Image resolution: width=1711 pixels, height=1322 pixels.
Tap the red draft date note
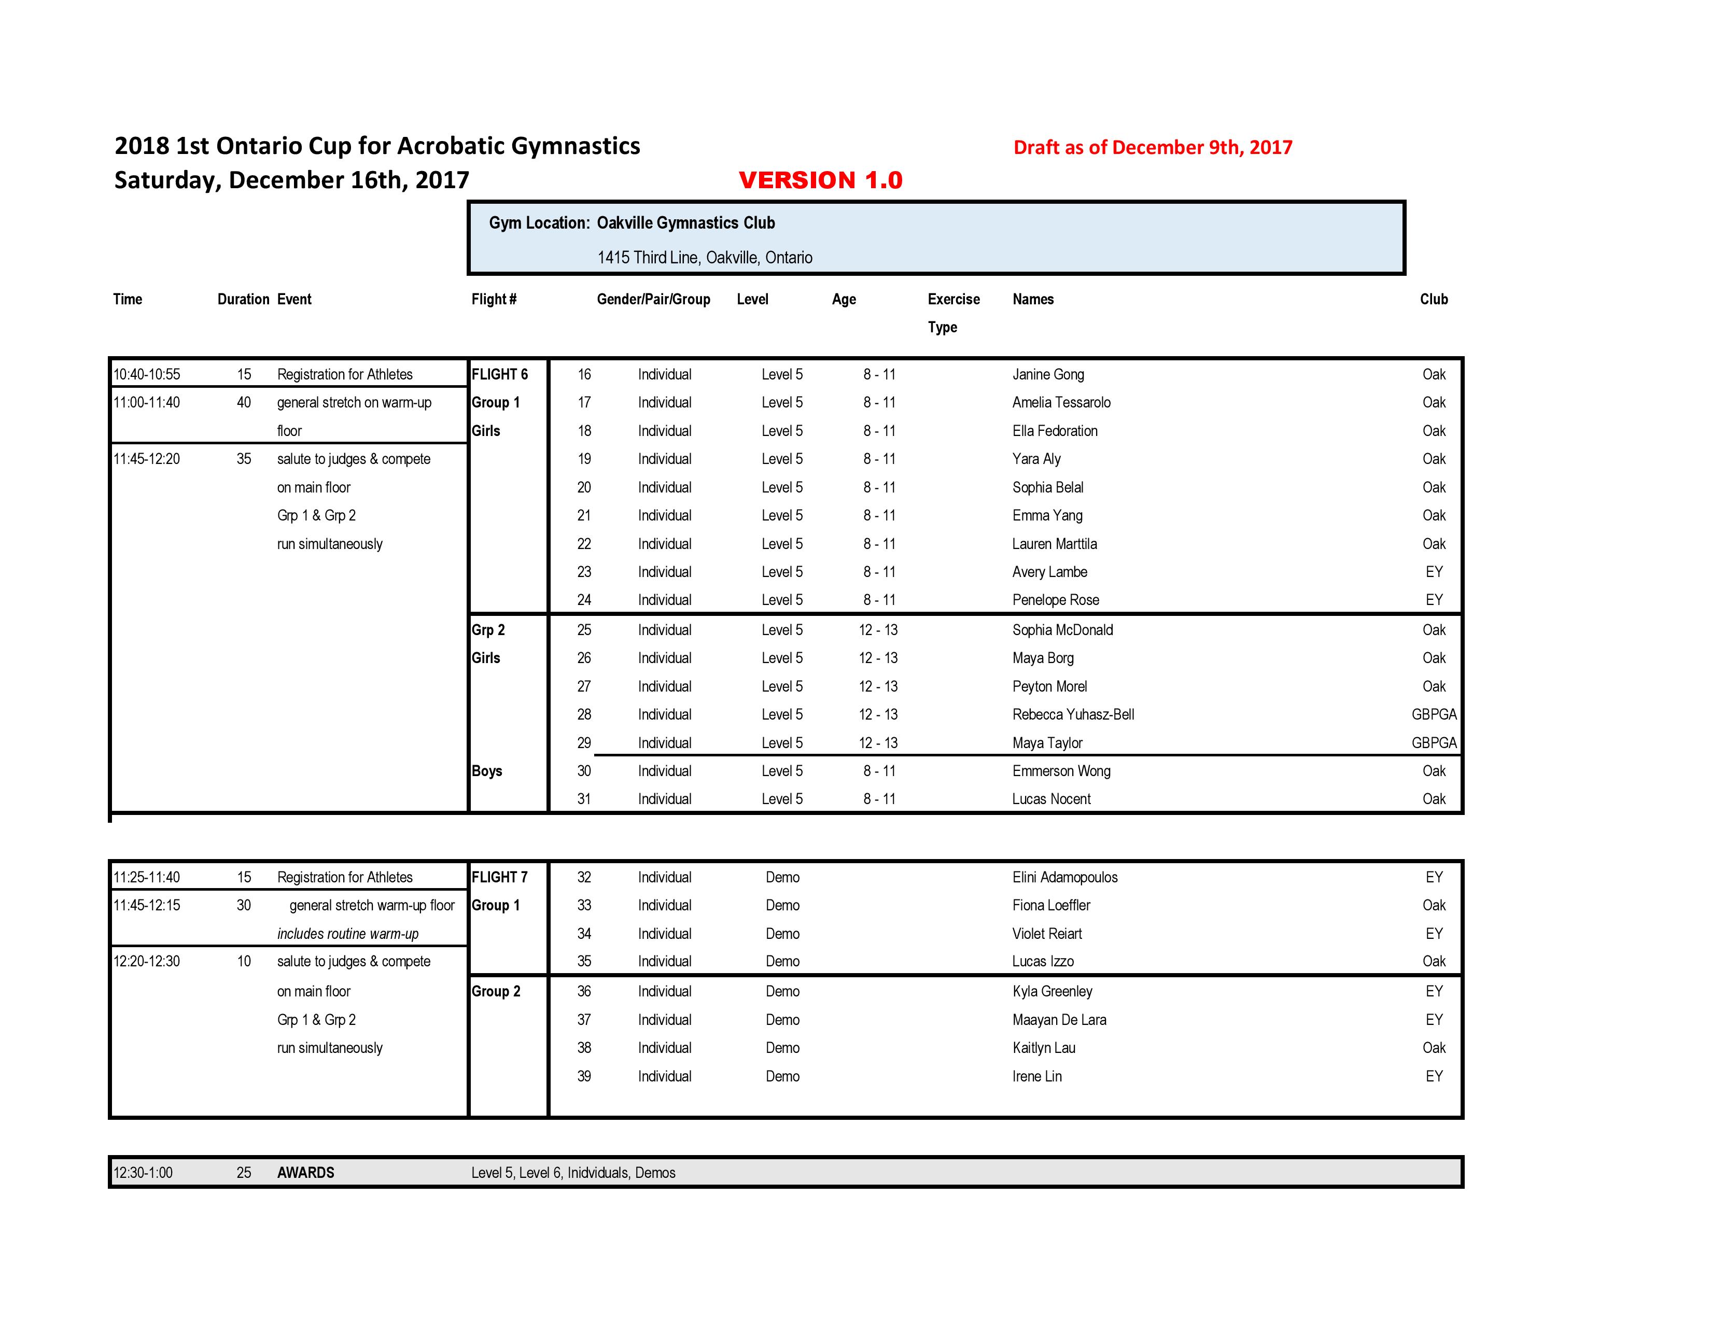(x=1153, y=147)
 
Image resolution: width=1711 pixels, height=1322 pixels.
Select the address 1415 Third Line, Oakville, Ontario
(x=704, y=258)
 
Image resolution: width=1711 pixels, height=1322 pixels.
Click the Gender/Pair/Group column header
(x=653, y=299)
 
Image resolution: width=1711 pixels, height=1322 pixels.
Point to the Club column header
(x=1434, y=299)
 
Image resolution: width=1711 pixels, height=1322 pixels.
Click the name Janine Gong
(x=1048, y=374)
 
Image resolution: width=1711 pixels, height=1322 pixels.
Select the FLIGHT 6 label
(x=500, y=374)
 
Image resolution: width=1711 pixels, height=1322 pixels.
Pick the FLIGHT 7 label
(x=500, y=877)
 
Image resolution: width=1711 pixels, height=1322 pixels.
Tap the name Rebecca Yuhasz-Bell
(x=1073, y=714)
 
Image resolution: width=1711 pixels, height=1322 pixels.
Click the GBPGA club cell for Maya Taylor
(x=1434, y=742)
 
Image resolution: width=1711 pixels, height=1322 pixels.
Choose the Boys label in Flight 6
(x=486, y=770)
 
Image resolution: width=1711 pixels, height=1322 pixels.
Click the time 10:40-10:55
(x=147, y=374)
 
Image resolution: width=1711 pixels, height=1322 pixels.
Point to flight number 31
(x=584, y=799)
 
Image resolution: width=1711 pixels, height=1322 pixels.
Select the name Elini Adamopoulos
(x=1064, y=877)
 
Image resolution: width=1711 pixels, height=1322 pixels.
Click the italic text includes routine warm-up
(x=348, y=934)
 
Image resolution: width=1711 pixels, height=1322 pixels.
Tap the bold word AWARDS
(x=305, y=1172)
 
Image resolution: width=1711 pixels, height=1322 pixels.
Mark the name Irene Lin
(x=1036, y=1076)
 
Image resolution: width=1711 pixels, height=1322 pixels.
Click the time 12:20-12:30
(x=147, y=961)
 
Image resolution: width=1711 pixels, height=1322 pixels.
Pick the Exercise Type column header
(x=953, y=313)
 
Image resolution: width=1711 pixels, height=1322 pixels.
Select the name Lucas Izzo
(x=1043, y=961)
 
